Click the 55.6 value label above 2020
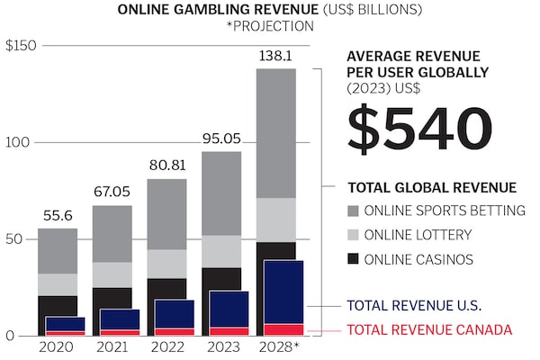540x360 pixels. pyautogui.click(x=58, y=216)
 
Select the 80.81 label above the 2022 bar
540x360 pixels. pyautogui.click(x=166, y=166)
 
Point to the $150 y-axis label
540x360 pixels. pyautogui.click(x=20, y=45)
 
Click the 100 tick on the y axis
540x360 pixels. pyautogui.click(x=17, y=142)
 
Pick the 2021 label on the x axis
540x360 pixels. pyautogui.click(x=112, y=346)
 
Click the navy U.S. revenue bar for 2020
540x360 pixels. pyautogui.click(x=65, y=323)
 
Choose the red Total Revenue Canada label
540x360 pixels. pyautogui.click(x=429, y=329)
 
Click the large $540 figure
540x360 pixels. pyautogui.click(x=420, y=128)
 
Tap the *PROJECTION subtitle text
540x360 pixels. pyautogui.click(x=270, y=26)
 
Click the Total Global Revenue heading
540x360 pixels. pyautogui.click(x=431, y=187)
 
